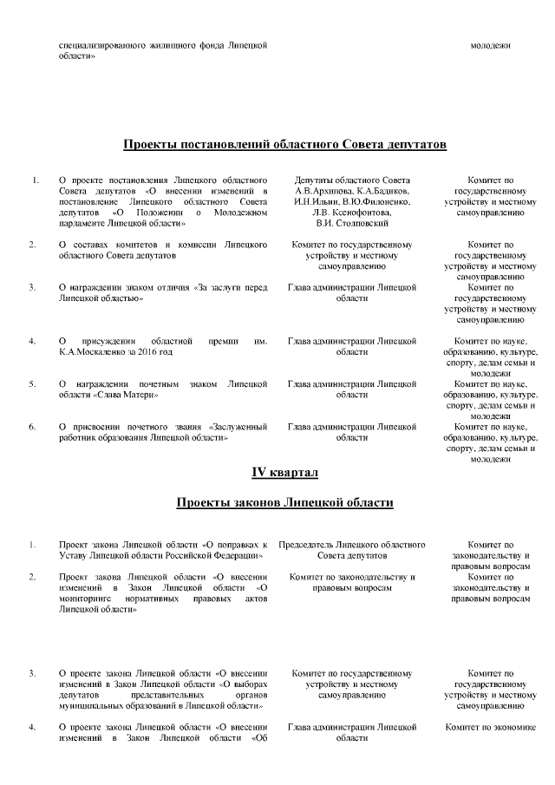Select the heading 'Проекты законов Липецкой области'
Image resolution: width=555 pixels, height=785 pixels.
(x=285, y=503)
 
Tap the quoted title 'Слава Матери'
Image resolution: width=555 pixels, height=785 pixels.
(x=127, y=395)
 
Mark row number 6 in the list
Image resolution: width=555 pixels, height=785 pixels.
(x=33, y=427)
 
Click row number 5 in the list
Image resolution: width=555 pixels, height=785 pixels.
(x=33, y=384)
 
